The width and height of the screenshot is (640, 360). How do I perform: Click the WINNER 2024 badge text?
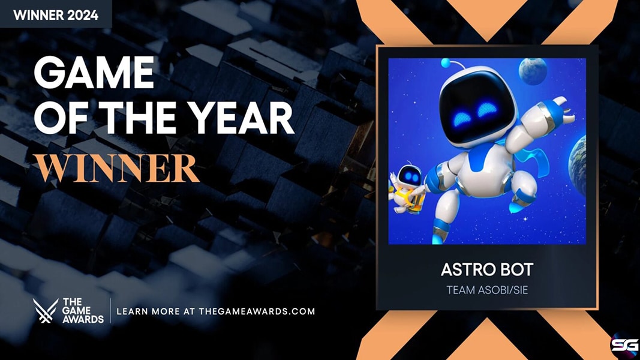click(x=56, y=15)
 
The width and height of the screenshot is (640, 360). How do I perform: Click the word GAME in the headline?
click(x=94, y=73)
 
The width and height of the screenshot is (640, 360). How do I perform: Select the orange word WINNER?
click(x=117, y=168)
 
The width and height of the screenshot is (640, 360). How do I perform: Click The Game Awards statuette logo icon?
click(x=46, y=311)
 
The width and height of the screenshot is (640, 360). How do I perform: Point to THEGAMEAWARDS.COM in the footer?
click(x=257, y=311)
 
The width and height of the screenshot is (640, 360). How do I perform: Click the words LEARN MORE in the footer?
click(x=148, y=311)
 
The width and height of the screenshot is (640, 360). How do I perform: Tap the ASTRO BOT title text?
click(x=487, y=270)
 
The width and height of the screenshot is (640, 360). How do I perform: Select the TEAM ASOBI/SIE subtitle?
click(x=487, y=290)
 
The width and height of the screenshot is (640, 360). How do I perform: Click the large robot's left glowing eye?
click(x=462, y=118)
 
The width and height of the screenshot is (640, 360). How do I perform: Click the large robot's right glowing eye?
click(x=487, y=109)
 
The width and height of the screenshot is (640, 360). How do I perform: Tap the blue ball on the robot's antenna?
click(x=446, y=63)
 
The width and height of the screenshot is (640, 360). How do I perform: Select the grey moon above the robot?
click(x=533, y=71)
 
